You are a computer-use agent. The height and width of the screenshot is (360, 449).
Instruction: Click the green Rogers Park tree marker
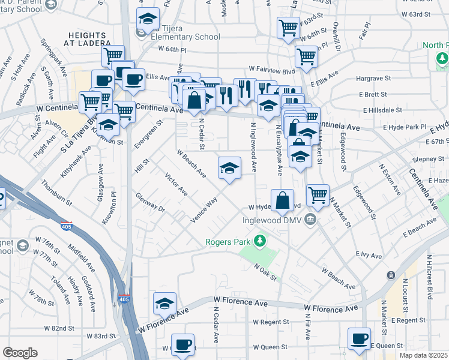(x=259, y=241)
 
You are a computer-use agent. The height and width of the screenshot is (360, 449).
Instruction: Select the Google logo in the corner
(x=20, y=353)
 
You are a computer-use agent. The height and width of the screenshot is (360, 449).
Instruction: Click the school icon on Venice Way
(x=229, y=169)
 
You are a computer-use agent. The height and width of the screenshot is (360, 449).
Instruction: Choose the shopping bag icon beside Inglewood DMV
(x=282, y=201)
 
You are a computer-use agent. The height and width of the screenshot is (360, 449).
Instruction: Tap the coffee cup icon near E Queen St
(x=359, y=338)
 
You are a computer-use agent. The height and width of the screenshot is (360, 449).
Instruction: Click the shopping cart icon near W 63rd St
(x=288, y=28)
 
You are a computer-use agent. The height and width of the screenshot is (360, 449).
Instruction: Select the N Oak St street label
(x=265, y=271)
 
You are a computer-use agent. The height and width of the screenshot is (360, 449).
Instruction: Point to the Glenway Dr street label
(x=150, y=203)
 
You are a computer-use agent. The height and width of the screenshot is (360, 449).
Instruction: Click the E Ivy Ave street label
(x=369, y=256)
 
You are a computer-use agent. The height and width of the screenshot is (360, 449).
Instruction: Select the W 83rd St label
(x=100, y=337)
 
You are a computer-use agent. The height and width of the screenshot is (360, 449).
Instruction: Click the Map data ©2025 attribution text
(x=423, y=355)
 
